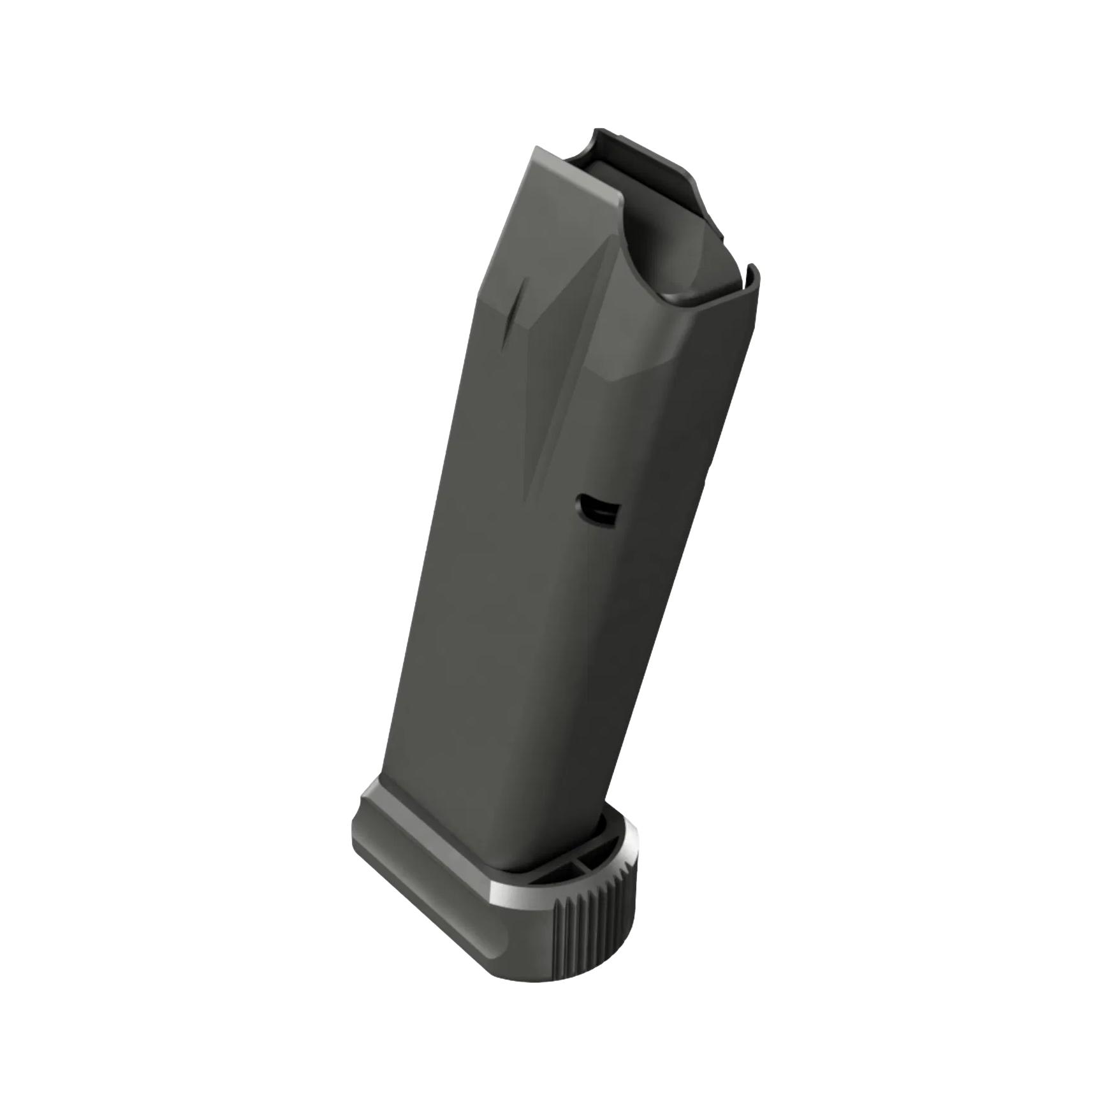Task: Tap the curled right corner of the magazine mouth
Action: click(752, 280)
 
